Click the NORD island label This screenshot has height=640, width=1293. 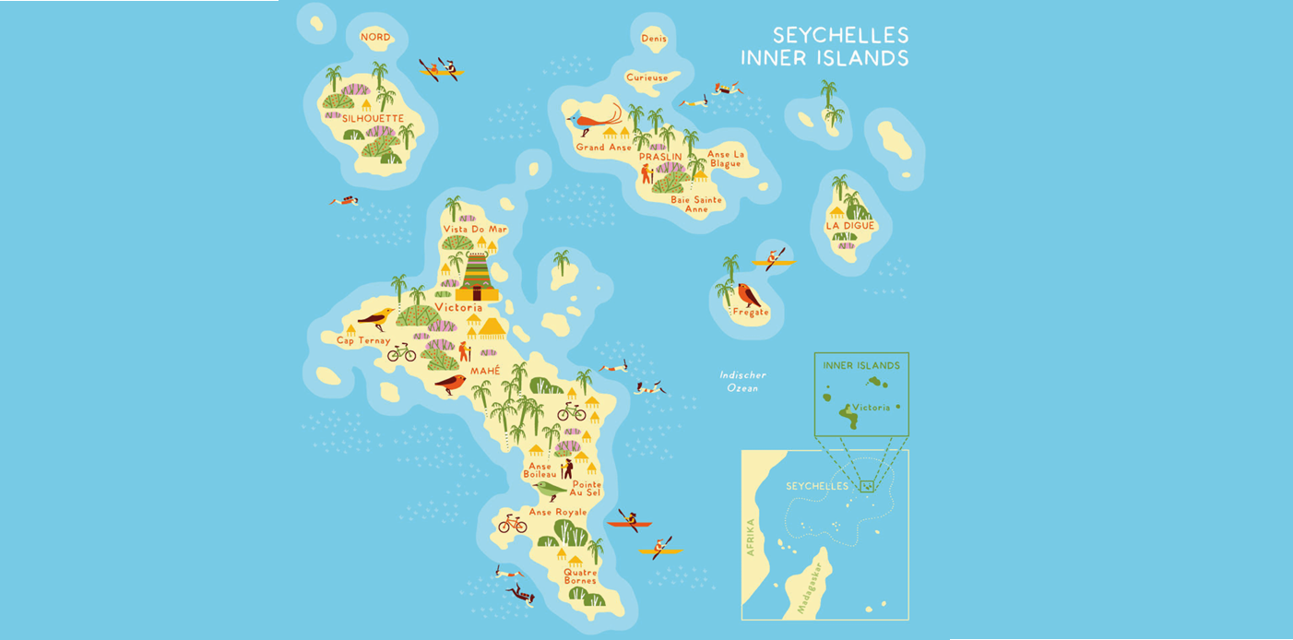[375, 37]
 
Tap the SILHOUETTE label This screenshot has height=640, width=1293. [373, 118]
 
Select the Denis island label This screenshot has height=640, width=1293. [653, 38]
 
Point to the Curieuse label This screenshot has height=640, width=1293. [646, 77]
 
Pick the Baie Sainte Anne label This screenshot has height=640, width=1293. [695, 204]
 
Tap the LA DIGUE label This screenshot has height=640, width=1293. [850, 225]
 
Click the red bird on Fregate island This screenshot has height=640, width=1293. [748, 295]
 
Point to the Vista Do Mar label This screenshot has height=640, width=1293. [475, 229]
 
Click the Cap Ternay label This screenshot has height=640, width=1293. [363, 340]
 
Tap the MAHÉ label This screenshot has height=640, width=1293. [485, 371]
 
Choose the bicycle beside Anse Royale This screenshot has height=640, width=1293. [512, 524]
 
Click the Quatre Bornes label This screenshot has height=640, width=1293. [579, 575]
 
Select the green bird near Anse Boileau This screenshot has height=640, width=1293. [549, 489]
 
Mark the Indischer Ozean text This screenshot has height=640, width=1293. [743, 382]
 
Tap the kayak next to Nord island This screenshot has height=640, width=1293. [440, 69]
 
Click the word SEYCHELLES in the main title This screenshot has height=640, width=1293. [840, 35]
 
